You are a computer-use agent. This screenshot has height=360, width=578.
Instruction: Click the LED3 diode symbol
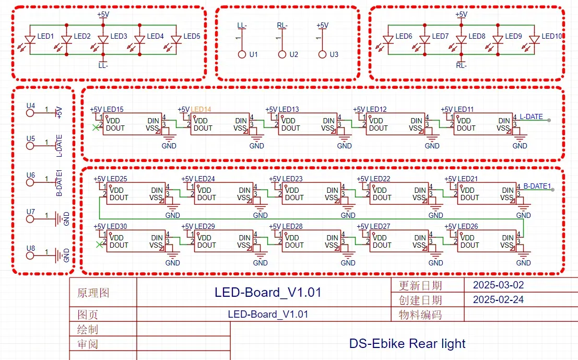(x=103, y=40)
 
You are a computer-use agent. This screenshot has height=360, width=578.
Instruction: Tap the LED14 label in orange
(x=201, y=110)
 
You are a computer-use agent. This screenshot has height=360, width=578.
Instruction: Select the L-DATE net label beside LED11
(x=531, y=117)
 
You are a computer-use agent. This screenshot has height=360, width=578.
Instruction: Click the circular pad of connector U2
(x=282, y=54)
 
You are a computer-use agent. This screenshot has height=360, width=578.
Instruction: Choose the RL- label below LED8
(x=461, y=66)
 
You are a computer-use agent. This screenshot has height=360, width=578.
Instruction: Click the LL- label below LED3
(x=103, y=66)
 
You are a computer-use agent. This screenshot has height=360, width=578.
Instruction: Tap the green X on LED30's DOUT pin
(x=99, y=245)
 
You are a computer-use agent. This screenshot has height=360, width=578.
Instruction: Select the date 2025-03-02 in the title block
(x=498, y=285)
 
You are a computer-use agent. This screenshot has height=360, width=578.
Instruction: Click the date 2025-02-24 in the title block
(x=498, y=300)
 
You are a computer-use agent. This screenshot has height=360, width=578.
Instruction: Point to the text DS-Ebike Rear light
(x=407, y=344)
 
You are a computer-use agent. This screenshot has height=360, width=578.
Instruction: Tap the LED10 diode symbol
(x=534, y=40)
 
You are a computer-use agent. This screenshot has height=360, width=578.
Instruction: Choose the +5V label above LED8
(x=461, y=15)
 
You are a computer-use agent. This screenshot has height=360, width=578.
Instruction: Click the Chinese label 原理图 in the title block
(x=93, y=293)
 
